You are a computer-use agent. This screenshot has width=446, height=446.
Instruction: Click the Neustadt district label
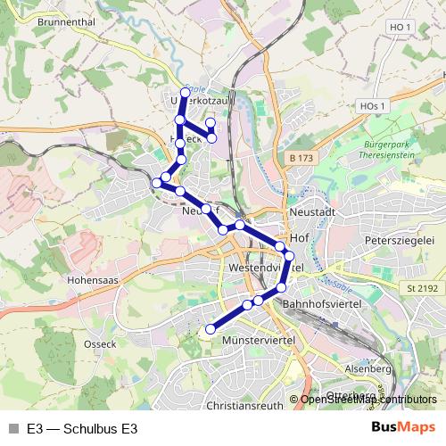[312, 213]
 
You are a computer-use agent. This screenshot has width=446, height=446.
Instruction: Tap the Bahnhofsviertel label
[319, 305]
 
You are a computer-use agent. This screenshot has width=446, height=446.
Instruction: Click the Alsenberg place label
[368, 368]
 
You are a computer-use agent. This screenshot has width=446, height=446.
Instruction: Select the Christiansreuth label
[244, 404]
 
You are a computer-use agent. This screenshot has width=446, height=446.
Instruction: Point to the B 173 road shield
[301, 158]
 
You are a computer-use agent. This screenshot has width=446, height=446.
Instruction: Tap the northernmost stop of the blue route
[186, 93]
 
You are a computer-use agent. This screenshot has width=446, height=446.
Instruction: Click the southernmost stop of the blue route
[211, 330]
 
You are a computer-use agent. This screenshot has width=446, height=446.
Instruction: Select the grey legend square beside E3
[12, 429]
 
